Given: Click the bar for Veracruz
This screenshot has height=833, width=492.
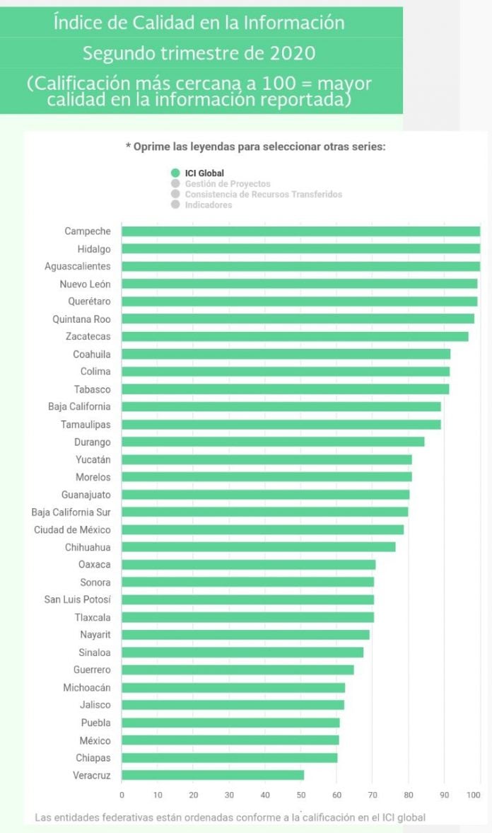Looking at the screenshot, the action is click(x=213, y=775).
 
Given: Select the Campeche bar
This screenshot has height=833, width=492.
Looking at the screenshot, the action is click(x=301, y=231).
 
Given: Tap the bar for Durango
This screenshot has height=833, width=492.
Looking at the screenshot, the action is click(x=273, y=442).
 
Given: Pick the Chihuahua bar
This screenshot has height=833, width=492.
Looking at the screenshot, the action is click(x=259, y=547).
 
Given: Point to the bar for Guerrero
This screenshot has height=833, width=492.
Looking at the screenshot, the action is click(x=238, y=670).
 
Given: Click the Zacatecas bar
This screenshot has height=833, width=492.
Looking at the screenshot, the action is click(x=295, y=336).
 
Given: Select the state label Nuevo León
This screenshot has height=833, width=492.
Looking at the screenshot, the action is click(x=85, y=285).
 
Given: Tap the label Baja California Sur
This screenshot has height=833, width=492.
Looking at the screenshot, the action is click(x=71, y=512).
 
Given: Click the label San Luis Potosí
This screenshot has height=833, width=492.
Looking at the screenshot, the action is click(x=78, y=599).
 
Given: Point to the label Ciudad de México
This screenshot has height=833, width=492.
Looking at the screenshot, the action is click(x=72, y=529).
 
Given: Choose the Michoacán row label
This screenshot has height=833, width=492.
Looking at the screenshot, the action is click(x=87, y=687).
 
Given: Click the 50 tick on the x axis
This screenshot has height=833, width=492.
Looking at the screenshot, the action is click(x=301, y=795).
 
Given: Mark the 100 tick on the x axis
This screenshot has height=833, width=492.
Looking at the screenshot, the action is click(x=474, y=795).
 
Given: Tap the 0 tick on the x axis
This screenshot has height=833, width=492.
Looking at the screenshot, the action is click(x=122, y=795).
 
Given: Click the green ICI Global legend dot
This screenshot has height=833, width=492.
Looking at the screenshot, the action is click(x=176, y=173).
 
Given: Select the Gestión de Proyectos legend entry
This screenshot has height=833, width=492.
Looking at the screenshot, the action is click(x=221, y=184).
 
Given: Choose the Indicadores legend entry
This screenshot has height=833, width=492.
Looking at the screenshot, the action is click(x=201, y=205).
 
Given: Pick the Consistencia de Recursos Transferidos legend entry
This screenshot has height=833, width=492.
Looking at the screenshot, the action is click(x=257, y=195).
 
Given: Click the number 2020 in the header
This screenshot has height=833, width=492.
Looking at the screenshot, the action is click(x=293, y=53).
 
